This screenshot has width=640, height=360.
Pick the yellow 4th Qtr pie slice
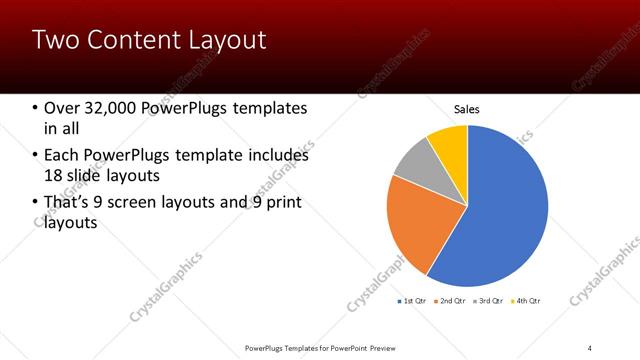tap(450, 143)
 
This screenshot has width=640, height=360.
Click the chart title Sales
tap(467, 109)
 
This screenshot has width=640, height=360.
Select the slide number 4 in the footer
tap(590, 348)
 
